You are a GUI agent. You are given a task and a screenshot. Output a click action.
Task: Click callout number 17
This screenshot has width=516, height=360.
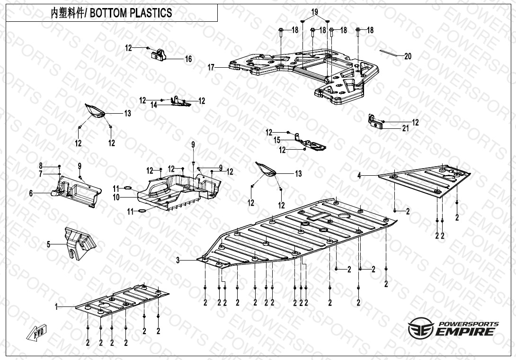(x=211, y=68)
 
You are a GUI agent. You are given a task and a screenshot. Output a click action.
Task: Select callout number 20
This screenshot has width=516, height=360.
(x=408, y=56)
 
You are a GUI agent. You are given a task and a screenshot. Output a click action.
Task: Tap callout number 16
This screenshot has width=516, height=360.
(x=188, y=59)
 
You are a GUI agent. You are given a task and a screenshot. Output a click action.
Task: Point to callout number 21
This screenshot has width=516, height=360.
(x=406, y=128)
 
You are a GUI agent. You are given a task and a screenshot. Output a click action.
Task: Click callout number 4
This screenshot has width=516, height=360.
(x=359, y=176)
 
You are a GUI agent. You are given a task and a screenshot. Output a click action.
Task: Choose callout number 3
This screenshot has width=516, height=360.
(x=178, y=260)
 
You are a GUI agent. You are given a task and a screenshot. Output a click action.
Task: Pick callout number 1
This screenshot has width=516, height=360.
(x=56, y=307)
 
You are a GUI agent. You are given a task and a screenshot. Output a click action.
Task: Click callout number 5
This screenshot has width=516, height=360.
(x=48, y=244)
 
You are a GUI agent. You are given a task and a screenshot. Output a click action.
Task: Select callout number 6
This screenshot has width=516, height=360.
(x=31, y=193)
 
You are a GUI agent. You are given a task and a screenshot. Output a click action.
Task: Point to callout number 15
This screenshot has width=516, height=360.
(x=277, y=140)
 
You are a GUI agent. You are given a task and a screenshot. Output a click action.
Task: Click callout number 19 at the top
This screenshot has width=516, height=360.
(x=315, y=12)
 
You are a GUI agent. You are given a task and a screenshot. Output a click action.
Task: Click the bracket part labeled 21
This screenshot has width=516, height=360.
(x=375, y=122)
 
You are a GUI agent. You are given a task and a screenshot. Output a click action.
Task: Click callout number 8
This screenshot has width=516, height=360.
(x=41, y=166)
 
